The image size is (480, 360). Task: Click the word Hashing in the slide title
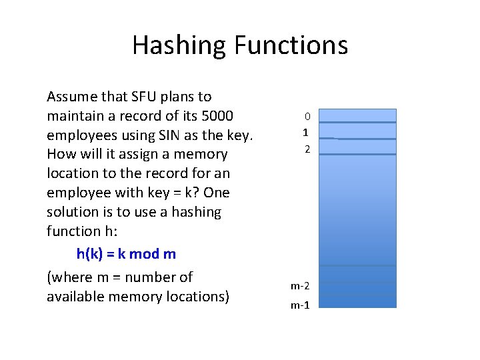click(x=180, y=45)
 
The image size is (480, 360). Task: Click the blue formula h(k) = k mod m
click(x=126, y=254)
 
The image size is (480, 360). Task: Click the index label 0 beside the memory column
click(x=307, y=117)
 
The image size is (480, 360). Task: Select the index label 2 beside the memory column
click(x=307, y=149)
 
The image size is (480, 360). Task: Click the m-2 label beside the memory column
click(x=299, y=286)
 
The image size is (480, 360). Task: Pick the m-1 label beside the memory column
click(x=299, y=305)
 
